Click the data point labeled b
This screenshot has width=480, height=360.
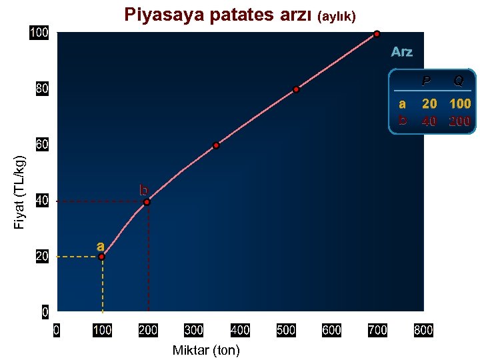147,202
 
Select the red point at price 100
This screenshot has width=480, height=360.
377,34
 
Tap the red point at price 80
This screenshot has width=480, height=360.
296,89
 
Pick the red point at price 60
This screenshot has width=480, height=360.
216,145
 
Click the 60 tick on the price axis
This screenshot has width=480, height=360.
41,145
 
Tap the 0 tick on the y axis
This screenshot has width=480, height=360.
44,311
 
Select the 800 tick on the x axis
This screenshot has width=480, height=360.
423,329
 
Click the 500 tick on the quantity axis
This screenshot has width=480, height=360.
285,329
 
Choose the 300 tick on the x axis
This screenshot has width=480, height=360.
193,329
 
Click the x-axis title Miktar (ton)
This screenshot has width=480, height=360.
205,350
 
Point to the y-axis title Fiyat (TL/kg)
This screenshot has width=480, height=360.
20,192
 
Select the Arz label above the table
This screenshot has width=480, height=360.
401,52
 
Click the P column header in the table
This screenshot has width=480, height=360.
427,81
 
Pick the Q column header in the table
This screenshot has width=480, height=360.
459,81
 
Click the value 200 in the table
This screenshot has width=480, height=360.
459,121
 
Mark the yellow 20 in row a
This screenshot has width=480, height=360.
429,104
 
